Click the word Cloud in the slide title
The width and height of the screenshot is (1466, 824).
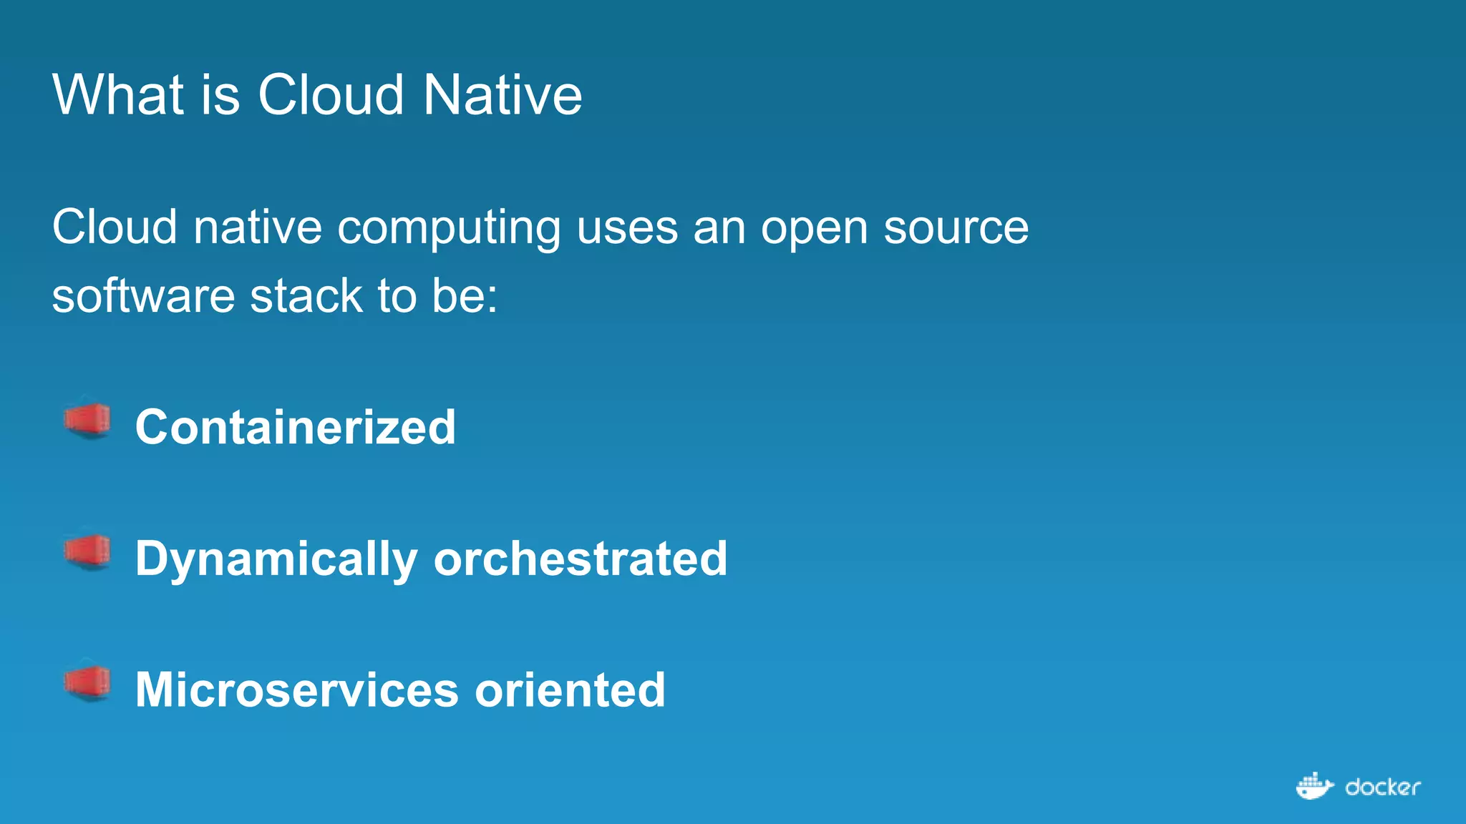tap(330, 94)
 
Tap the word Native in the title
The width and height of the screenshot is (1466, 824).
tap(502, 94)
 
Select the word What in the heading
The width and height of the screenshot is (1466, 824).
tap(118, 94)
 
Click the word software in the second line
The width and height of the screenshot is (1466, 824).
tap(143, 296)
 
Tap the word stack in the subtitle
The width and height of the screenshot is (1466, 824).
tap(306, 296)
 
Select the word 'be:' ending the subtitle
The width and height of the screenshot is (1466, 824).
tap(465, 296)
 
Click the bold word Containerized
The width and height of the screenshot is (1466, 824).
tap(295, 427)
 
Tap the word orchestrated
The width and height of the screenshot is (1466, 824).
tap(580, 559)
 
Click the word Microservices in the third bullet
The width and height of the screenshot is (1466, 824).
tap(296, 690)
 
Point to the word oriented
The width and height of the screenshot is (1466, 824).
tap(570, 690)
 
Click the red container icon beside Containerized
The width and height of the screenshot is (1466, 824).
tap(87, 421)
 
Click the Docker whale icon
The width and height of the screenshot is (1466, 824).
tap(1314, 786)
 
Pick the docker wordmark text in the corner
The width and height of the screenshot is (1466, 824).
tap(1382, 788)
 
